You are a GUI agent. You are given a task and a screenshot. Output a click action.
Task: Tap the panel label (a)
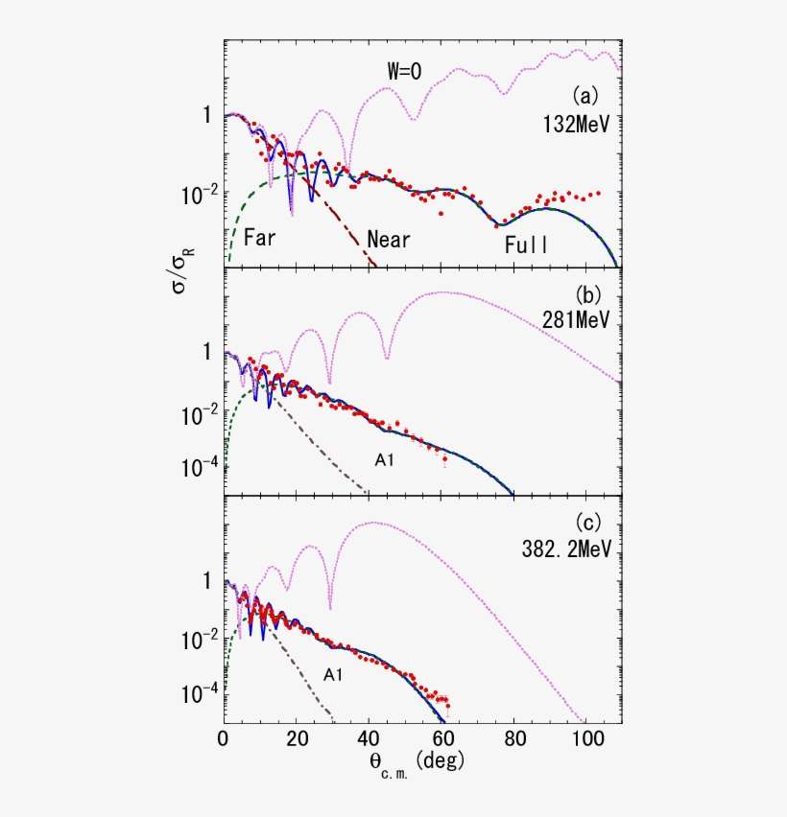[x=585, y=96]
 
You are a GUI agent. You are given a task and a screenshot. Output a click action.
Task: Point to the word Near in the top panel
[x=389, y=240]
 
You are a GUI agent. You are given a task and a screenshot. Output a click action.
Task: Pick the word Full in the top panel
[x=527, y=245]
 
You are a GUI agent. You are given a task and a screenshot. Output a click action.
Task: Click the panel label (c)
[x=585, y=524]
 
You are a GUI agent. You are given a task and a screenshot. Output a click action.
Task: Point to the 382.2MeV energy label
[x=567, y=550]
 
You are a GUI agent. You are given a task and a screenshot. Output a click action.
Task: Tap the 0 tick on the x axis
[x=224, y=740]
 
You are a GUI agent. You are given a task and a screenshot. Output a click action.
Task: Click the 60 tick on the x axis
[x=441, y=740]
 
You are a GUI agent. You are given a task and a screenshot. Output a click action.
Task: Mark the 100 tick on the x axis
[x=586, y=740]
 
